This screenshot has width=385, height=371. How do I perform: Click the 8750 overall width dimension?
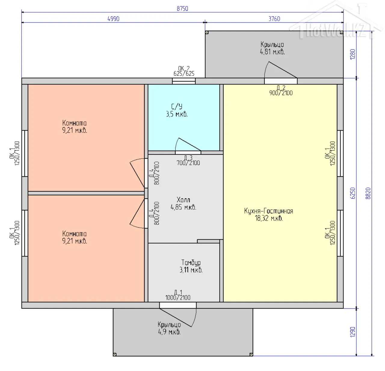point(182,9)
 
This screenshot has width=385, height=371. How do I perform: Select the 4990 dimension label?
point(113,19)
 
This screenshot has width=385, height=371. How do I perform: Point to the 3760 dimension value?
point(274,19)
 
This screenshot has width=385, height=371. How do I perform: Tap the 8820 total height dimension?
point(368,193)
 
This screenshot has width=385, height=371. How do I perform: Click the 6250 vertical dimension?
point(353,193)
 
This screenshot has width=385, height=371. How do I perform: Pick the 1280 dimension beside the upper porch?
point(353,54)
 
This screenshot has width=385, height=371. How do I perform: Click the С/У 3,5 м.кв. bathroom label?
point(177,110)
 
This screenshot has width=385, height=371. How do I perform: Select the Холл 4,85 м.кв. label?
point(183,203)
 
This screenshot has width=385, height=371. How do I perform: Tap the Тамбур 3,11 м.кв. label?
point(191,266)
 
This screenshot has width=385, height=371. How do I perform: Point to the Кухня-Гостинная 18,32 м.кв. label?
point(269,215)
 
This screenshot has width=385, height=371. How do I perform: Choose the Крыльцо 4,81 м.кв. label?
point(272,48)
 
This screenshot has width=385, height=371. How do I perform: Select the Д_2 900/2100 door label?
point(281,90)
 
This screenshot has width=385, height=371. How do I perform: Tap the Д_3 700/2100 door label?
point(188,160)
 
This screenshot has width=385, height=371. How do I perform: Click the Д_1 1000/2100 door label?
point(178,295)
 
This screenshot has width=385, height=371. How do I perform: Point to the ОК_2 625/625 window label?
point(184,71)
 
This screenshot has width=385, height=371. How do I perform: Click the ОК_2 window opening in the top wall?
point(184,81)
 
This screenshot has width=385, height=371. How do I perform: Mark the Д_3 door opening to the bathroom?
point(188,152)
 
